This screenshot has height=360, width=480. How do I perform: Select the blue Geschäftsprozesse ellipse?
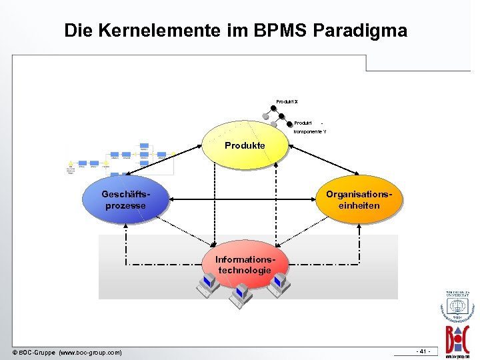tap(125, 199)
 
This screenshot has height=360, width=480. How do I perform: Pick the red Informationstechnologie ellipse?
tap(244, 265)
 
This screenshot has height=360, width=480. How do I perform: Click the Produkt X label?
tap(287, 101)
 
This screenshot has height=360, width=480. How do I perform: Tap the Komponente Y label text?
tap(310, 132)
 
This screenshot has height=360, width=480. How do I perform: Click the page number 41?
tap(423, 351)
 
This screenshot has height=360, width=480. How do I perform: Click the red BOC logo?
tap(457, 337)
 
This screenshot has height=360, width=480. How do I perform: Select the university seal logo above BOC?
tap(457, 306)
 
